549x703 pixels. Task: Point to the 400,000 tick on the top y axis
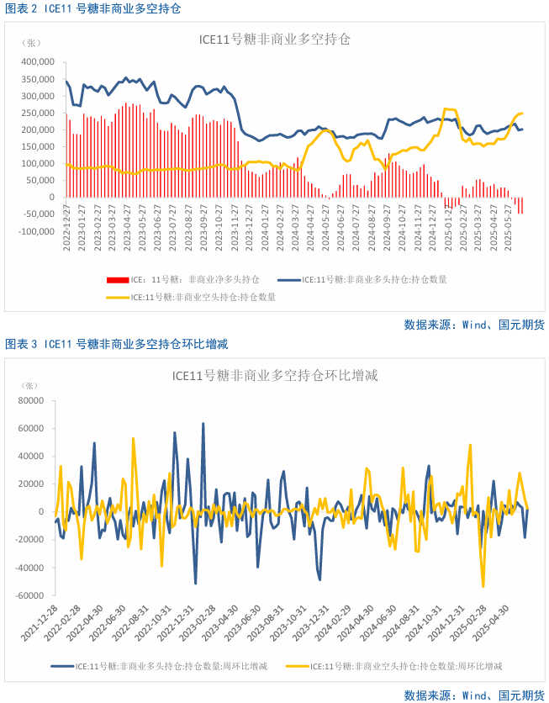[x=38, y=62]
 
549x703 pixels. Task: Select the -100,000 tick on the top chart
[x=36, y=231]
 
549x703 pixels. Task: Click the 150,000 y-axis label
[x=38, y=146]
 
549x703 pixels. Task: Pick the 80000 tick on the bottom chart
[x=30, y=401]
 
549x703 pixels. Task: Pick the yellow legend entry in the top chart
[x=193, y=297]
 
